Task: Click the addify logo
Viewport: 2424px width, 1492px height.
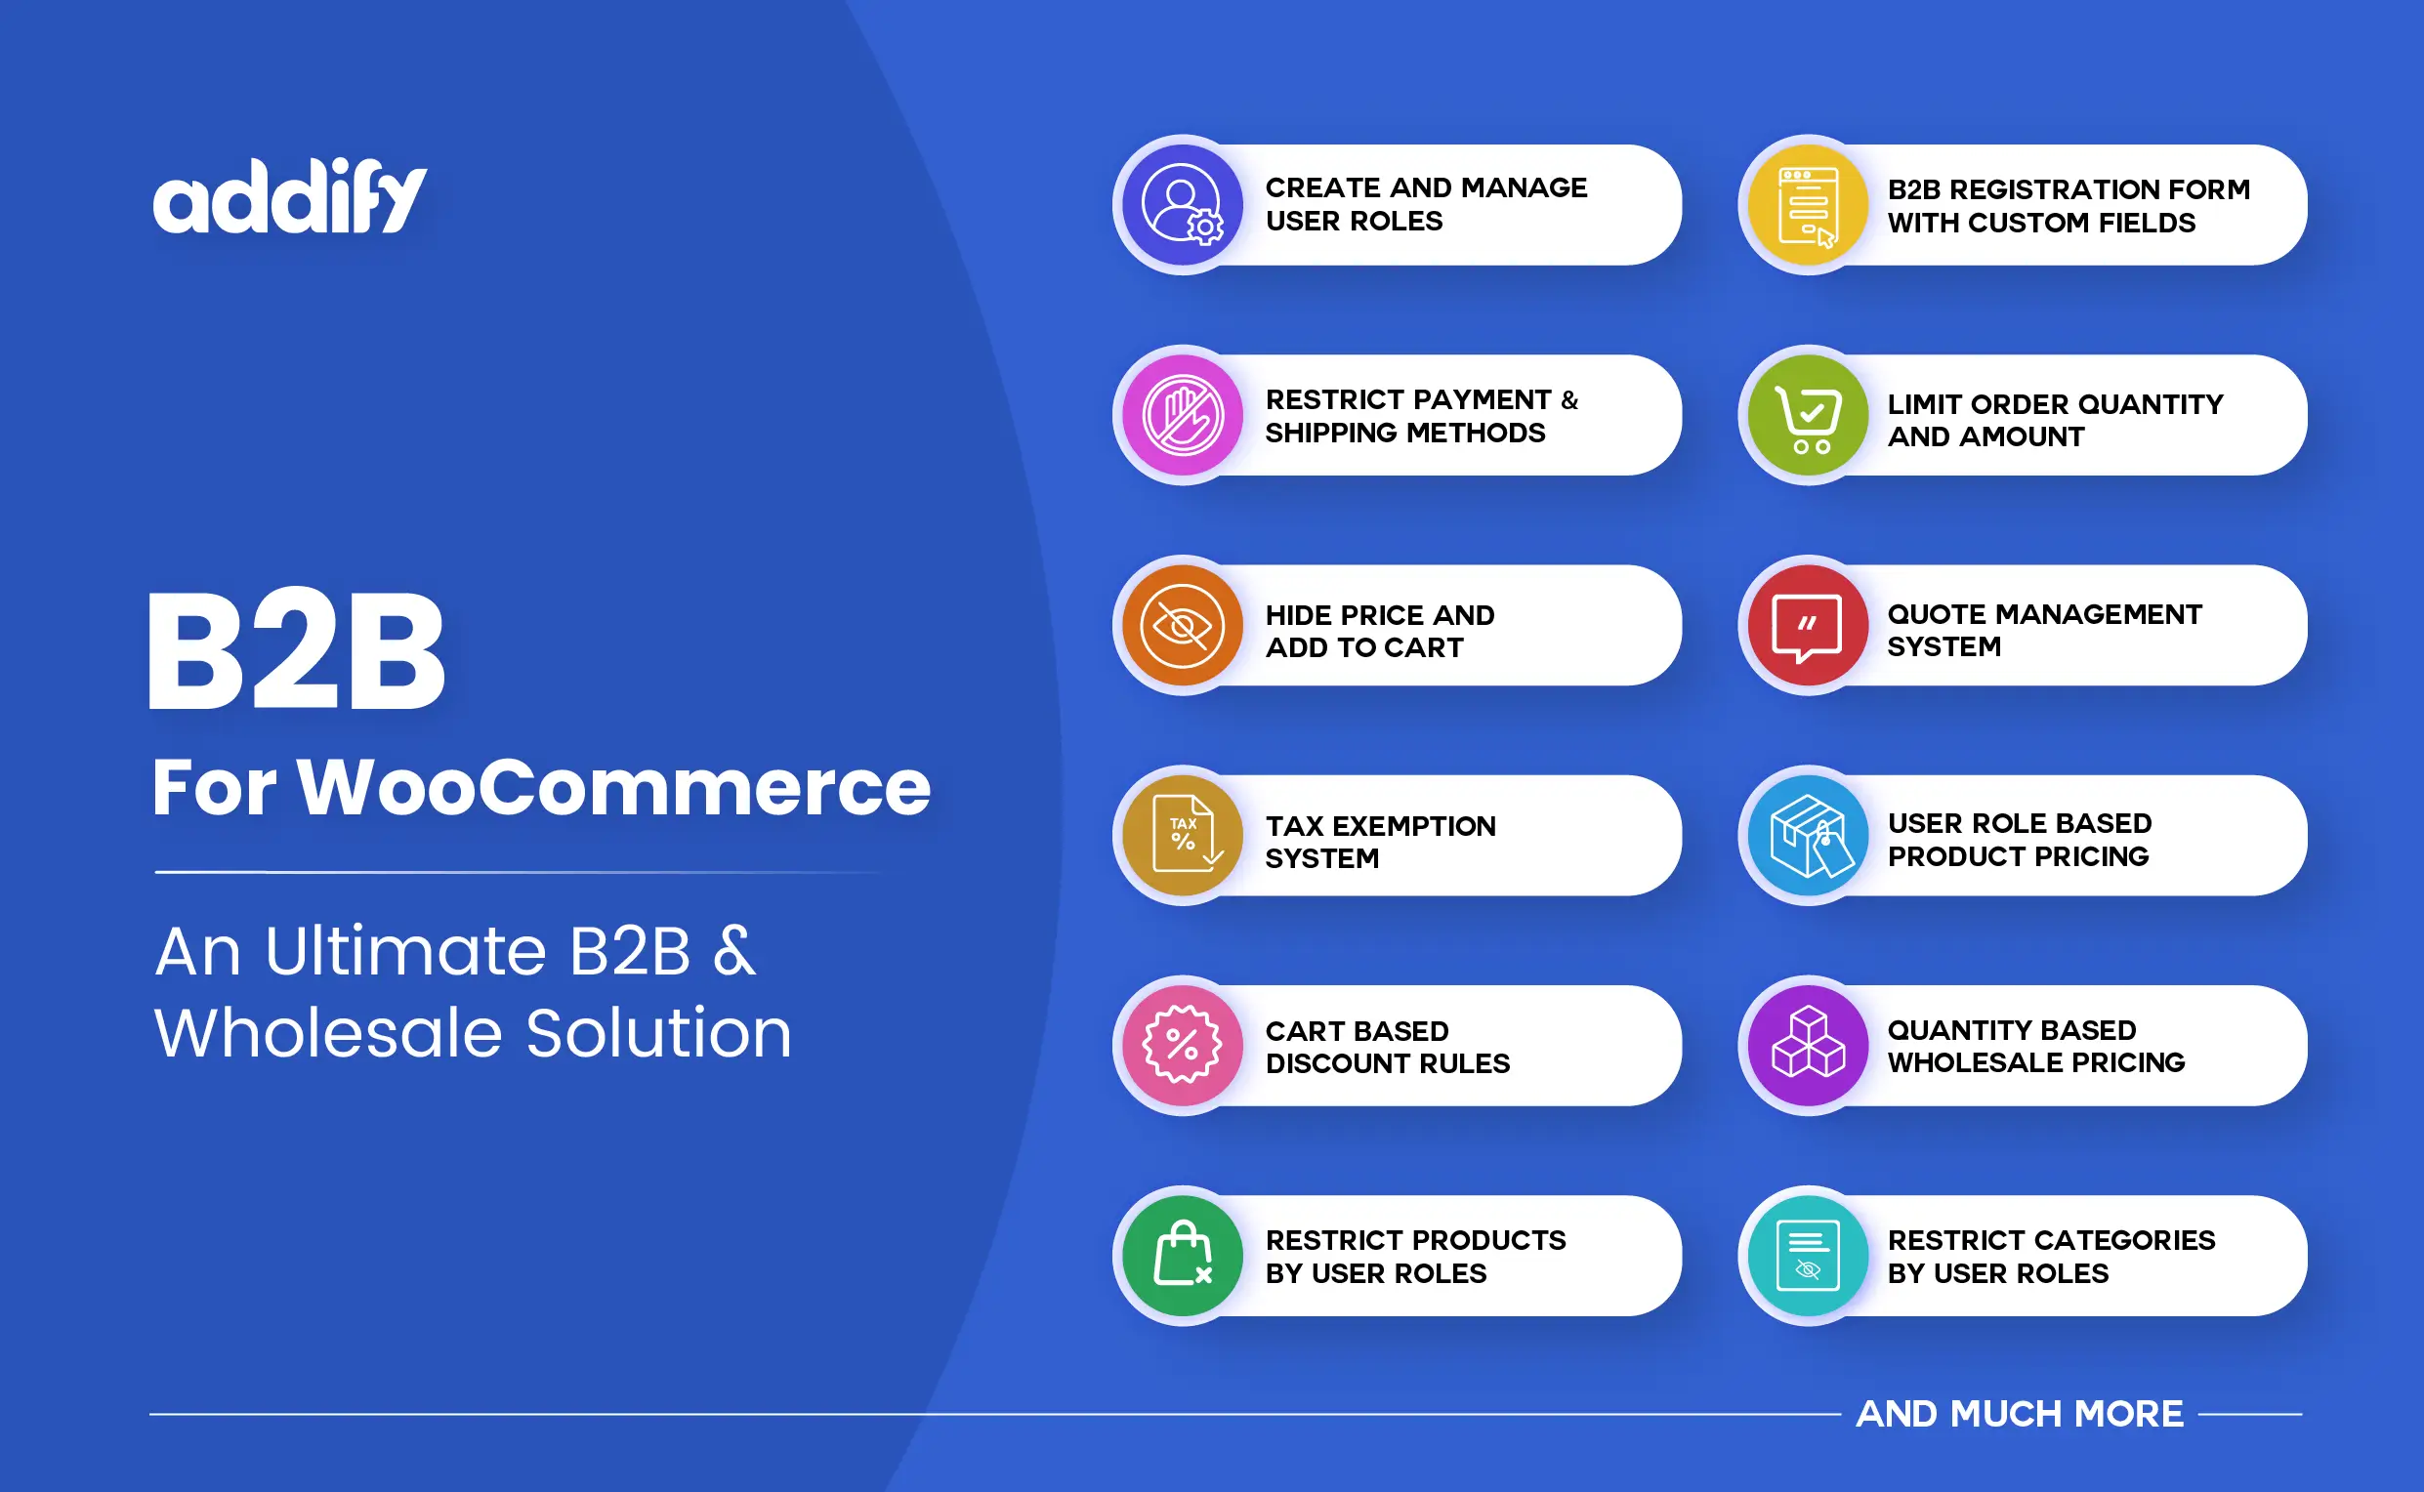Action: (x=289, y=196)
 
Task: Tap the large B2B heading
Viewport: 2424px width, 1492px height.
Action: (x=296, y=652)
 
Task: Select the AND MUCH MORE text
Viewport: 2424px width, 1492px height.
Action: (x=2020, y=1413)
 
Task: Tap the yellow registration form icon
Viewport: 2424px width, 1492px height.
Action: (x=1807, y=205)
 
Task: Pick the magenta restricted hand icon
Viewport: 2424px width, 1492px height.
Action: (x=1183, y=415)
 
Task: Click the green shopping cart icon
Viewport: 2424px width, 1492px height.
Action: (x=1807, y=415)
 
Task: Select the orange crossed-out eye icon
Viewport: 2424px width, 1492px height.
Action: (x=1183, y=626)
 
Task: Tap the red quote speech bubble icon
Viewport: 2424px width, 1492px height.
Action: (x=1807, y=626)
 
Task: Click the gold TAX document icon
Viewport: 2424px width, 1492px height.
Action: (x=1183, y=836)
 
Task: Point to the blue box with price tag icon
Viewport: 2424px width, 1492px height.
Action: (x=1807, y=836)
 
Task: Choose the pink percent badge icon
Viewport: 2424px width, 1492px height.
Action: (x=1183, y=1045)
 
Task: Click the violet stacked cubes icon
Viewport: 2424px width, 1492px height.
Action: (x=1807, y=1045)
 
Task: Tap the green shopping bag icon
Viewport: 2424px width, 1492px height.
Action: (x=1183, y=1255)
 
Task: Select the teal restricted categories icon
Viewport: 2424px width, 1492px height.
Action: (x=1807, y=1255)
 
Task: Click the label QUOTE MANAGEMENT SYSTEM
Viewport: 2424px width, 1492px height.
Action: (x=2044, y=630)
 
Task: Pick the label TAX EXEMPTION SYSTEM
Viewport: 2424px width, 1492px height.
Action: (x=1380, y=842)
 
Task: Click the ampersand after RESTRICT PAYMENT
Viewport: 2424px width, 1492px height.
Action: (x=1569, y=399)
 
